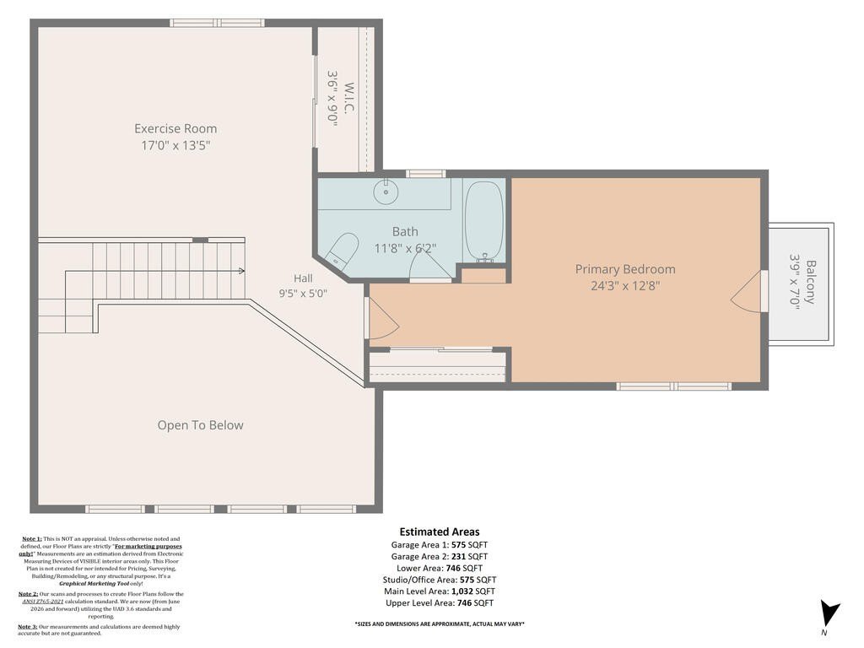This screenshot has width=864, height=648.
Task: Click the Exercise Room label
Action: click(x=175, y=128)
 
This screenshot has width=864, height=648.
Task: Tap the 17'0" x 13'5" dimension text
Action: click(x=175, y=145)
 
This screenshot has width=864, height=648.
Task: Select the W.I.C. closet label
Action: click(x=348, y=98)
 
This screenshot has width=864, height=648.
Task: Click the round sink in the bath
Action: click(x=385, y=192)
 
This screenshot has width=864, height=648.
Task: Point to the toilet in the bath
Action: click(x=342, y=249)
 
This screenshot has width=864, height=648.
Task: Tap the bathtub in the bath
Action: click(x=483, y=222)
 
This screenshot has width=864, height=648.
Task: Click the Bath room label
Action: click(x=405, y=231)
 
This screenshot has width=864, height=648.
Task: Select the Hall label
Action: click(x=303, y=278)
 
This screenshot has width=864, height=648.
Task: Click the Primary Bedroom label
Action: click(x=625, y=269)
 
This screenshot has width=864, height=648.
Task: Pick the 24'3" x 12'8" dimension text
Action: click(x=625, y=285)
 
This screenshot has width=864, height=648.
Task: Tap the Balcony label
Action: click(x=810, y=282)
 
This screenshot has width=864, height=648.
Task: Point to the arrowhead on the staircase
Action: click(x=241, y=271)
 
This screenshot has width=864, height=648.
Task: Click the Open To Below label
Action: click(x=201, y=425)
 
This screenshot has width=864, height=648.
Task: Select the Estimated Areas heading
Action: click(x=440, y=532)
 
